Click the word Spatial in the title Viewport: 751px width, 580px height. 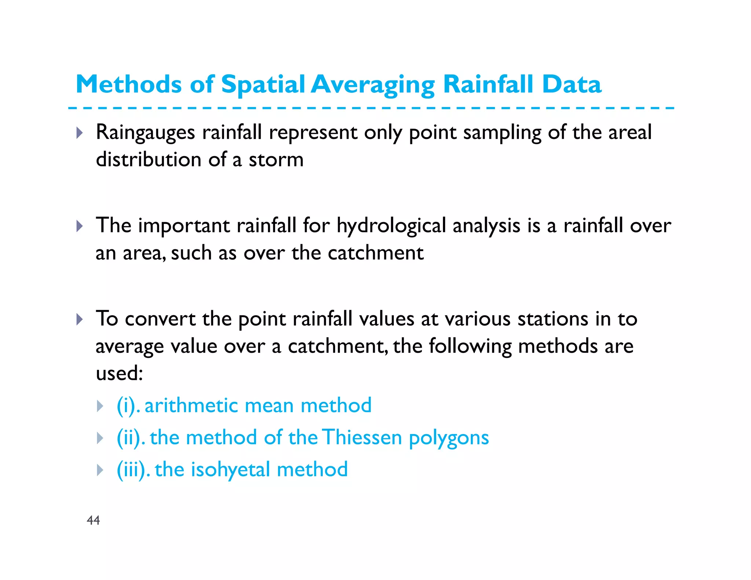click(x=263, y=85)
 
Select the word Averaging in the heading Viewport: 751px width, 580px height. click(x=373, y=85)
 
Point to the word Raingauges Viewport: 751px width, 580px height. click(x=145, y=132)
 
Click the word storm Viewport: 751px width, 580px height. click(x=276, y=160)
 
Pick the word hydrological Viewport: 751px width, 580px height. click(x=391, y=225)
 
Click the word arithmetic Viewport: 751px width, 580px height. click(x=191, y=405)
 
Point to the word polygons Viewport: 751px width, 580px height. click(x=449, y=437)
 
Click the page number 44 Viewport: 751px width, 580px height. click(x=93, y=520)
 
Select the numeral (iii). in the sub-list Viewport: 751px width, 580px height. click(x=133, y=470)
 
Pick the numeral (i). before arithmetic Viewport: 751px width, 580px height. click(x=128, y=405)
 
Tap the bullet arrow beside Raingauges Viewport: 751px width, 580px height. click(x=80, y=133)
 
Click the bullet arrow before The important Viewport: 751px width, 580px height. click(x=80, y=226)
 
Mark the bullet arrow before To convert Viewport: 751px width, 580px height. click(x=80, y=319)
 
